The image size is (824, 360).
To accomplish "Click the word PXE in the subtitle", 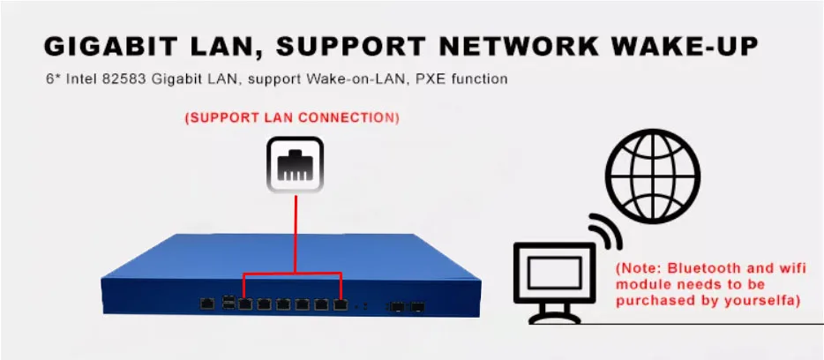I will tap(422, 79).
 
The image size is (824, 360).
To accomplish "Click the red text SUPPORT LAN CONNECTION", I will tap(291, 117).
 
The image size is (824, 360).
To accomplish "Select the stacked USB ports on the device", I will tap(229, 303).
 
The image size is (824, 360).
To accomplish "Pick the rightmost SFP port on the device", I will tap(418, 306).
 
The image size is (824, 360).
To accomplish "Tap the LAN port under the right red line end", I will tap(341, 304).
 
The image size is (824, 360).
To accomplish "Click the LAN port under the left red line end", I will tap(245, 304).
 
